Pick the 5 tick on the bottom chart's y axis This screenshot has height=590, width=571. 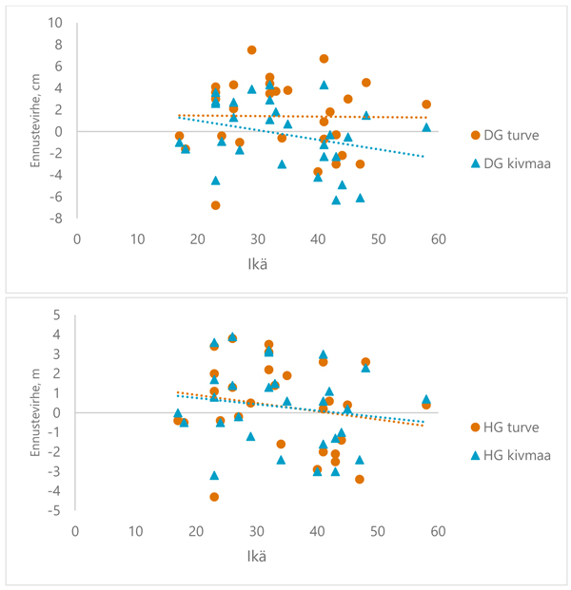tap(58, 314)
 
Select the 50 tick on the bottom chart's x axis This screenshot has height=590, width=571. tap(378, 528)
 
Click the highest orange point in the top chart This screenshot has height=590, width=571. tap(252, 49)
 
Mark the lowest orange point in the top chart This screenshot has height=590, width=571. tap(216, 205)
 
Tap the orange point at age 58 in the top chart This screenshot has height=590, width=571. tap(426, 105)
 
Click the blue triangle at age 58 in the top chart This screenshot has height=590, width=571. tap(426, 126)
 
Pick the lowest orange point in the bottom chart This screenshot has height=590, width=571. tap(215, 497)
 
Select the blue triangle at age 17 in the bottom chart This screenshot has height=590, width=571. tap(178, 413)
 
